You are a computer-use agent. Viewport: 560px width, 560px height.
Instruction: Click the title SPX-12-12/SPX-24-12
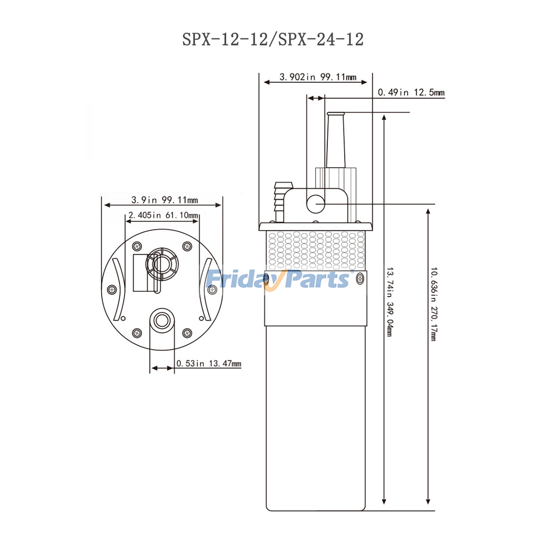[273, 39]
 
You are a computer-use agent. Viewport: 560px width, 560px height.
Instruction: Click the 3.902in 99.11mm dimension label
[317, 77]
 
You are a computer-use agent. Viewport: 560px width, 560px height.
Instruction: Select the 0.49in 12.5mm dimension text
[411, 92]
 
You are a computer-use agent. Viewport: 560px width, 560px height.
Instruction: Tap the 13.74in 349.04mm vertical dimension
[390, 302]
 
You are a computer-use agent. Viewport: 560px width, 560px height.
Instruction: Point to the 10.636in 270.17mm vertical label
[434, 304]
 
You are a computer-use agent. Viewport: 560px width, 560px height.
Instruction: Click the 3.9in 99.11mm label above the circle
[164, 200]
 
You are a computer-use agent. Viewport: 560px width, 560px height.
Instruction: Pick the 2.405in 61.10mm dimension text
[163, 215]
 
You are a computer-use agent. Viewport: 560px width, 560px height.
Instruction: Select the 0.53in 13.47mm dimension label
[209, 364]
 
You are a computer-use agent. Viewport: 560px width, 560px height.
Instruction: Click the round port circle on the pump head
[315, 204]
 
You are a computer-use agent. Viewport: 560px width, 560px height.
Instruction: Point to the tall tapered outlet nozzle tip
[336, 114]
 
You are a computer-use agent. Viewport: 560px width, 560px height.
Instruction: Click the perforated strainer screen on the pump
[316, 250]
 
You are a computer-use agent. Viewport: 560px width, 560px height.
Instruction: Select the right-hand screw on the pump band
[360, 279]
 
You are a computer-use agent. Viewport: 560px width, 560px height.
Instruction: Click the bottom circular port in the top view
[162, 320]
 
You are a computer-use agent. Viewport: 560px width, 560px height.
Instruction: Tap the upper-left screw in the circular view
[137, 246]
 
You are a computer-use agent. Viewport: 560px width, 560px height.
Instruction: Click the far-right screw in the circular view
[212, 290]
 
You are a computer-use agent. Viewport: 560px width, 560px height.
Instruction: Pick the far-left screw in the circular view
[112, 289]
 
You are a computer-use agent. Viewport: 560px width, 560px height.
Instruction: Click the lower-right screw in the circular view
[187, 332]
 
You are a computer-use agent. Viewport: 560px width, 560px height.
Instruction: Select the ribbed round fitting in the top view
[162, 264]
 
